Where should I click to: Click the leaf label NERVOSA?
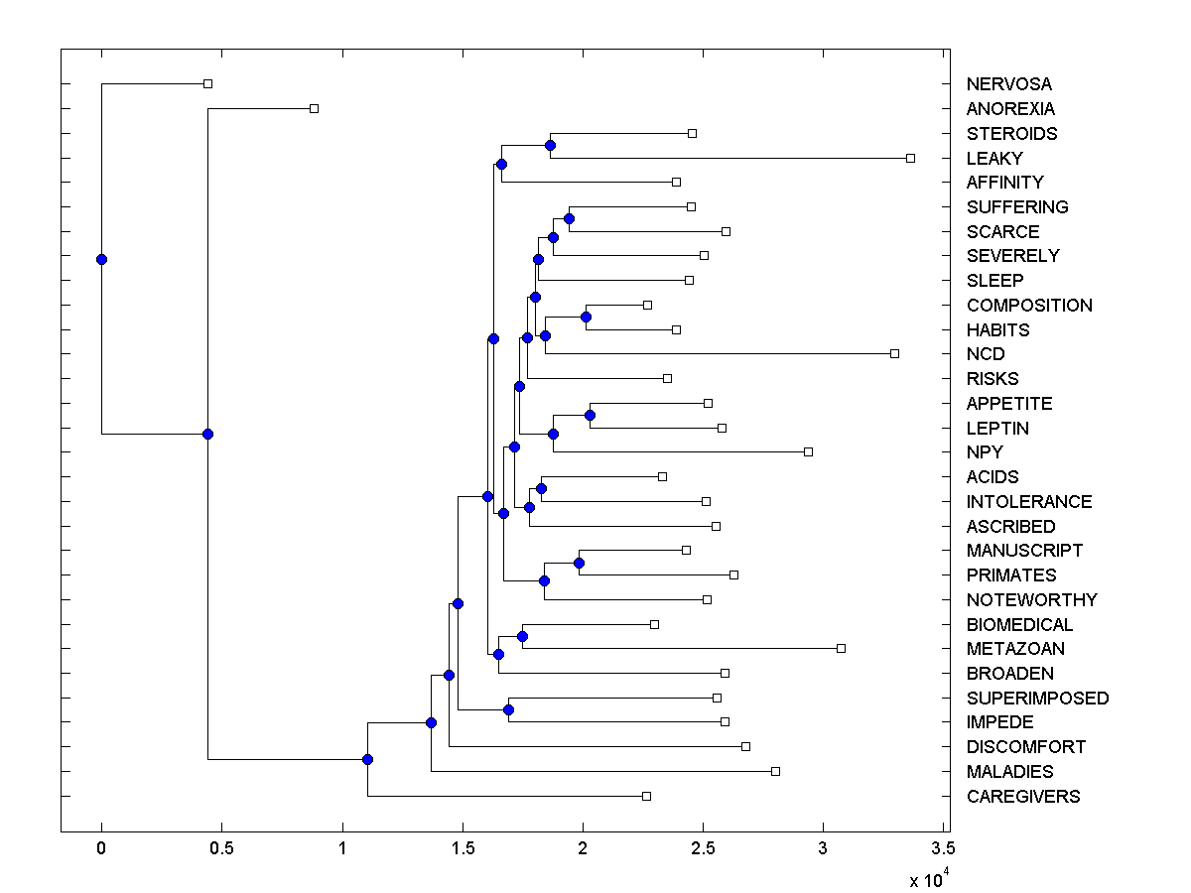pos(1008,84)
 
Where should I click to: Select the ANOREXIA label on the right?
pos(1010,109)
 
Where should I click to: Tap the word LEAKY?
pos(993,158)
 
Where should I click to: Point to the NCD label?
pos(985,354)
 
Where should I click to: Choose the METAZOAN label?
pos(1015,649)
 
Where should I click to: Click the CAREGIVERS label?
pos(1022,796)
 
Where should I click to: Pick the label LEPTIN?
pos(997,429)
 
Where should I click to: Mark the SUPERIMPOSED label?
pos(1037,698)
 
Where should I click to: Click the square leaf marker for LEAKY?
pos(910,158)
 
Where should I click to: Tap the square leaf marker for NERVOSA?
pos(207,84)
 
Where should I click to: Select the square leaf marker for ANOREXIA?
pos(314,108)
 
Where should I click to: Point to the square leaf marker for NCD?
pos(894,353)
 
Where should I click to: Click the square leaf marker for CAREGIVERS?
pos(646,796)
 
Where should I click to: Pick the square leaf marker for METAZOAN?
pos(841,648)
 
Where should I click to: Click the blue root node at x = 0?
pos(101,259)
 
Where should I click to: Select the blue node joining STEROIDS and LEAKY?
pos(550,146)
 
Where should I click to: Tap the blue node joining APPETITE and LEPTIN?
pos(590,415)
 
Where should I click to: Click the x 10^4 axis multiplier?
pos(928,879)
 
